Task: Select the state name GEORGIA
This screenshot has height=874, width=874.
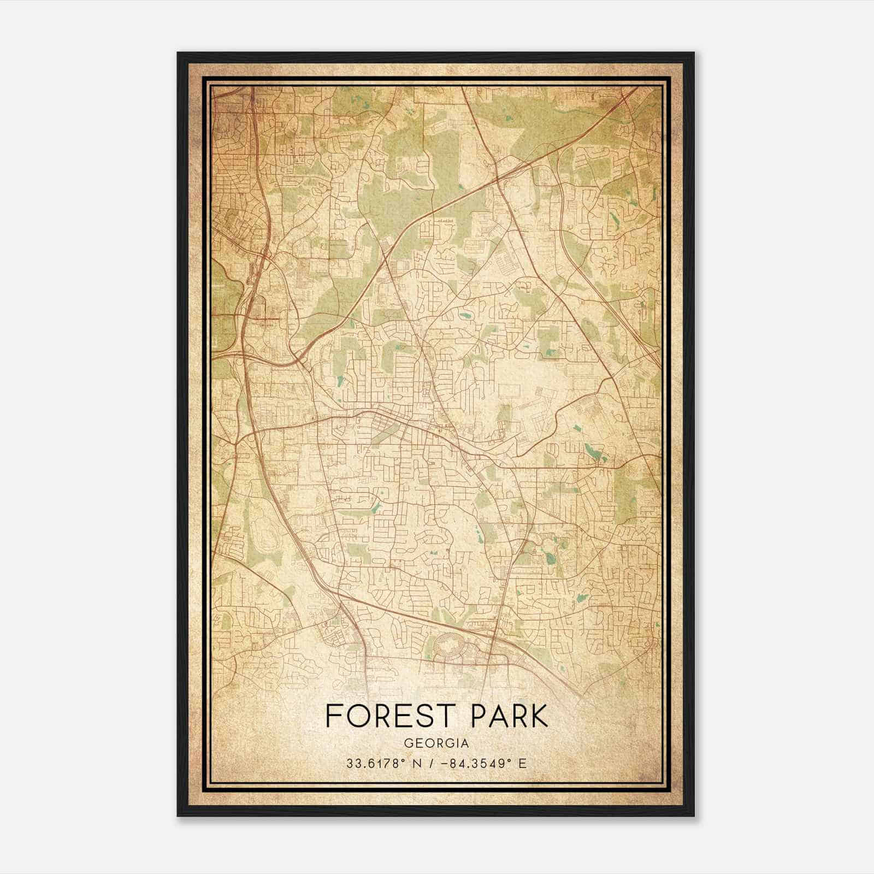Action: (436, 743)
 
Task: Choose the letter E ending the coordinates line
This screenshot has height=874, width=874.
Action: (523, 763)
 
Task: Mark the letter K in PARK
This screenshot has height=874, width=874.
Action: (538, 716)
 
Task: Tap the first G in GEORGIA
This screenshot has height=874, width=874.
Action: (408, 743)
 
